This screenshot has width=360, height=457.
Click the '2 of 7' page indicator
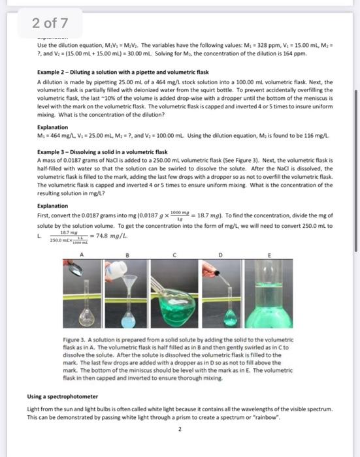pos(50,25)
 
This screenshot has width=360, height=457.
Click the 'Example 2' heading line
pos(122,72)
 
